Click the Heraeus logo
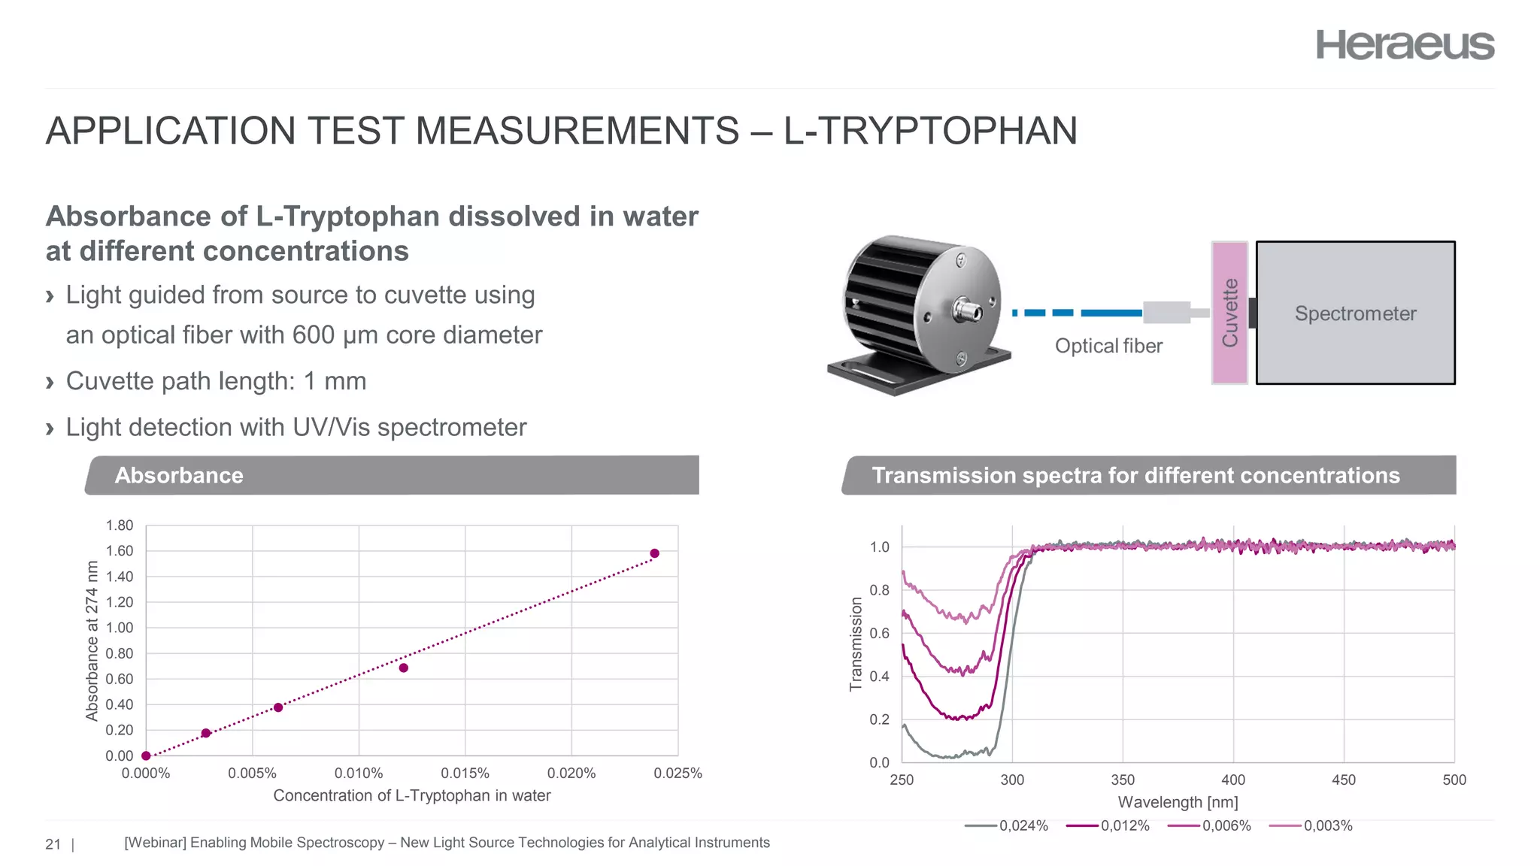click(1405, 45)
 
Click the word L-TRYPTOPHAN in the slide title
click(930, 131)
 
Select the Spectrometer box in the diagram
click(1355, 313)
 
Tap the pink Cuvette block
click(1229, 313)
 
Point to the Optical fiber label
click(1108, 346)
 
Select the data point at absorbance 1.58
click(654, 553)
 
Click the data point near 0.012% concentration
click(404, 668)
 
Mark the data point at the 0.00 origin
click(146, 755)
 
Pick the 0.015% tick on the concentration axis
click(465, 773)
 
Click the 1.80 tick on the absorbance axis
click(120, 525)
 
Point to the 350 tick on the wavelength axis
click(1123, 780)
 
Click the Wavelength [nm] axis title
click(1178, 802)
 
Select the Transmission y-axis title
click(856, 643)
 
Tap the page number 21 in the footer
click(53, 844)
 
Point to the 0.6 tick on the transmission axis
click(879, 633)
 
